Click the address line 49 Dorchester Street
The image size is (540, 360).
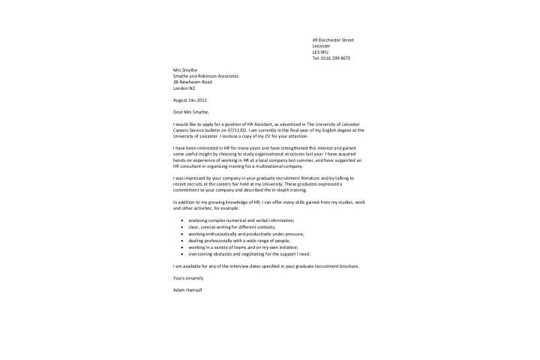(333, 40)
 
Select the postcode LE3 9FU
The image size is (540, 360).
(320, 52)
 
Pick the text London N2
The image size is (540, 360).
(184, 88)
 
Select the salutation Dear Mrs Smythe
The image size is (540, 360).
(191, 112)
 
